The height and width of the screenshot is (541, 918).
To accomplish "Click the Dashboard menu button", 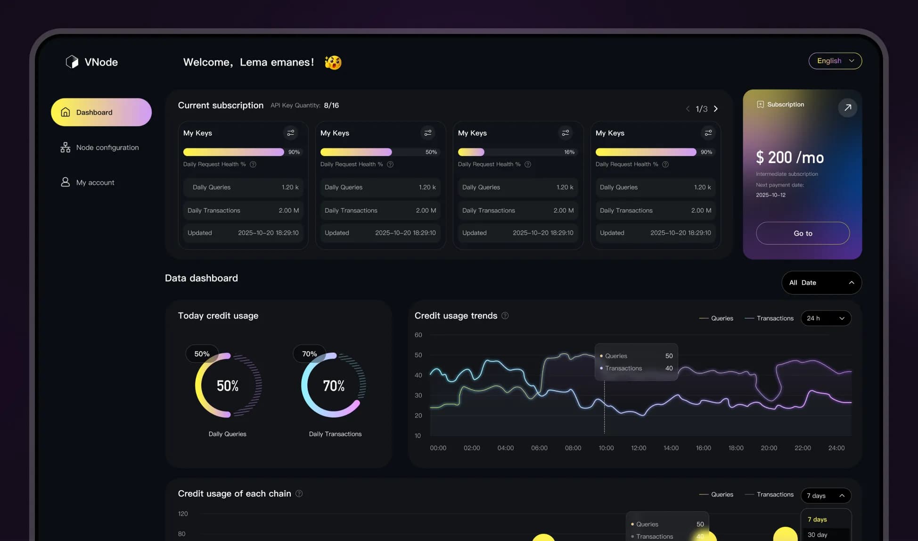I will [101, 112].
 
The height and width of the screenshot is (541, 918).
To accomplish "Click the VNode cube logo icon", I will [72, 62].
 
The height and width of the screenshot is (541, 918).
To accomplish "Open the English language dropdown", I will [835, 61].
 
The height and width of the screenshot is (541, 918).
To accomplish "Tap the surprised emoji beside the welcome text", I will [333, 62].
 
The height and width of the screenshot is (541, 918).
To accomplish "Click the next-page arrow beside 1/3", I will [716, 109].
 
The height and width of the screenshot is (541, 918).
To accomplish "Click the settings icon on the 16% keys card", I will [565, 133].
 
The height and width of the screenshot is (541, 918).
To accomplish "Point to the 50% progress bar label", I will [431, 152].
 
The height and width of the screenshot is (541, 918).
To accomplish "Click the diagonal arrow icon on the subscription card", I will [847, 107].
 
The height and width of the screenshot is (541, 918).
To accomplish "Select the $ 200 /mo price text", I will [790, 157].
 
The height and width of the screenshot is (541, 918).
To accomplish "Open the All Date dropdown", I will [821, 283].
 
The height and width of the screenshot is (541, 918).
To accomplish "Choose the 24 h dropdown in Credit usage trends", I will [826, 318].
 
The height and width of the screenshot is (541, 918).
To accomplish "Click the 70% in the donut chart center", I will [334, 386].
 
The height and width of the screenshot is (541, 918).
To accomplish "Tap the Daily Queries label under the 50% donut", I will [227, 434].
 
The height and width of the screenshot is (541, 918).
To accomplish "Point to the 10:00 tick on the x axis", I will [606, 448].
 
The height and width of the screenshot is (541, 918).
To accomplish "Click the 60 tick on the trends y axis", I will [418, 335].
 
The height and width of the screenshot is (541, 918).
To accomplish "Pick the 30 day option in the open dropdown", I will [818, 535].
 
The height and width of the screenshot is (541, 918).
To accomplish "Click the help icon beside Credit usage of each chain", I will [299, 493].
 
